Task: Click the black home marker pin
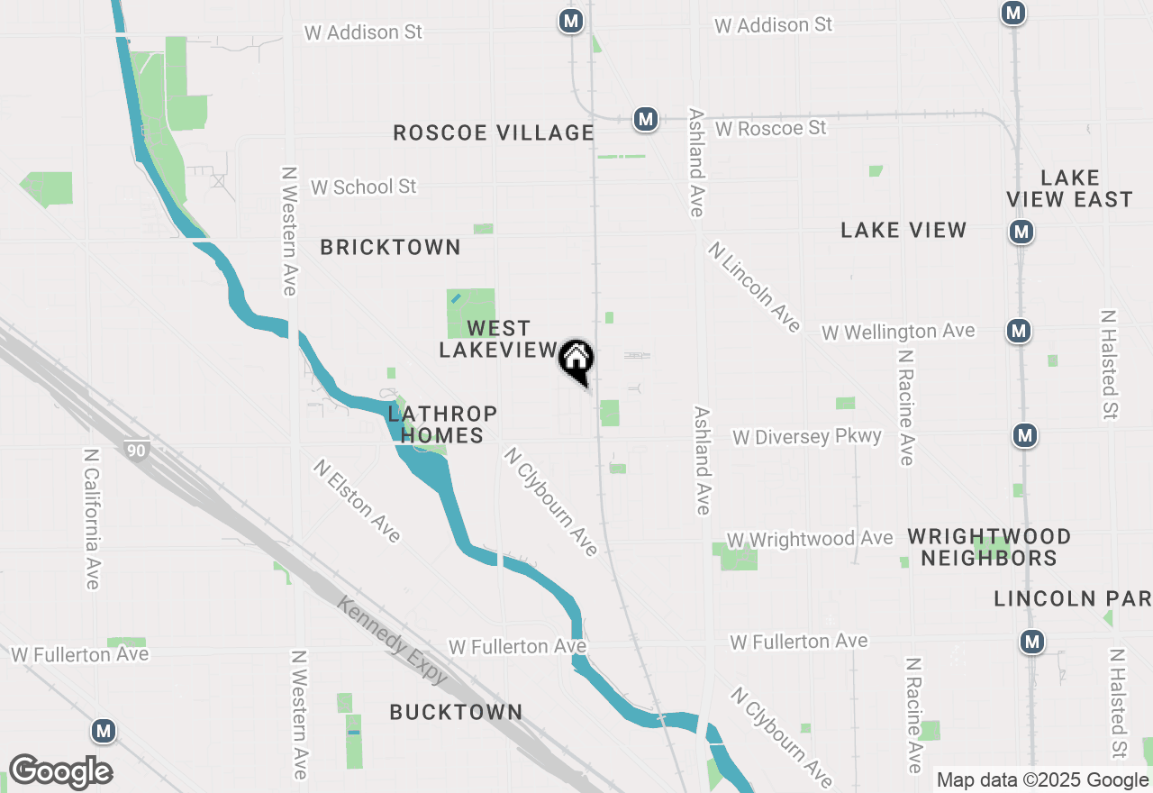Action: click(576, 360)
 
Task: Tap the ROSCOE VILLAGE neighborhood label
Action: click(494, 133)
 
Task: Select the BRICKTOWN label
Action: click(390, 247)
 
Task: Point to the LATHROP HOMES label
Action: click(442, 424)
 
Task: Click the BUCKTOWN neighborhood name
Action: click(456, 712)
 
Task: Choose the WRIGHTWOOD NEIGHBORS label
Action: click(989, 547)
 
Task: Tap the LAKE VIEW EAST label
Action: click(1070, 188)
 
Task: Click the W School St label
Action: click(364, 187)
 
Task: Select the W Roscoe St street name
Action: click(771, 129)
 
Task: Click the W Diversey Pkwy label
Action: click(807, 437)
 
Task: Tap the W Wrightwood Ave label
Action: click(810, 539)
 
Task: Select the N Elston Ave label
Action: click(357, 501)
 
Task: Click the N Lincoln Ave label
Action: click(754, 287)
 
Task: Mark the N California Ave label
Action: click(91, 518)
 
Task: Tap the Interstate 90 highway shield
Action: click(135, 449)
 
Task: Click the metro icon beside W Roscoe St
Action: click(645, 119)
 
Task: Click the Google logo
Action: click(60, 771)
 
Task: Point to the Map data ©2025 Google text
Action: click(1042, 780)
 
